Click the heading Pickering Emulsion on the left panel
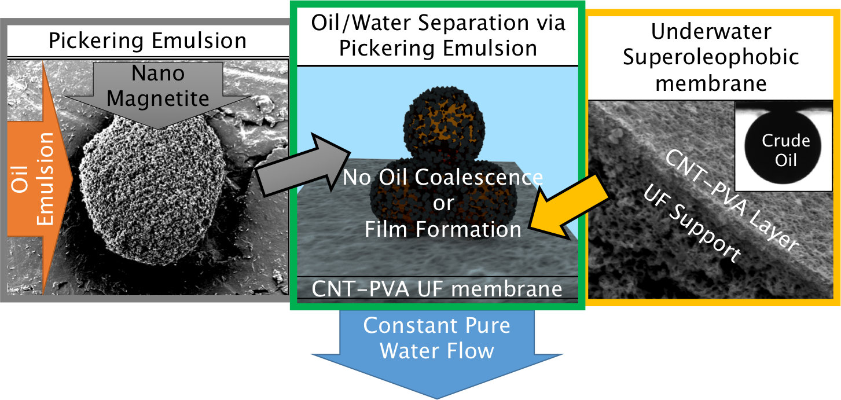(147, 41)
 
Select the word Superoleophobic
(711, 57)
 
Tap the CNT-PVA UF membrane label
(437, 288)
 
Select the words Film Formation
(443, 229)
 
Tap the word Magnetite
(157, 98)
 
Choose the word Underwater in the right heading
(711, 31)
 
